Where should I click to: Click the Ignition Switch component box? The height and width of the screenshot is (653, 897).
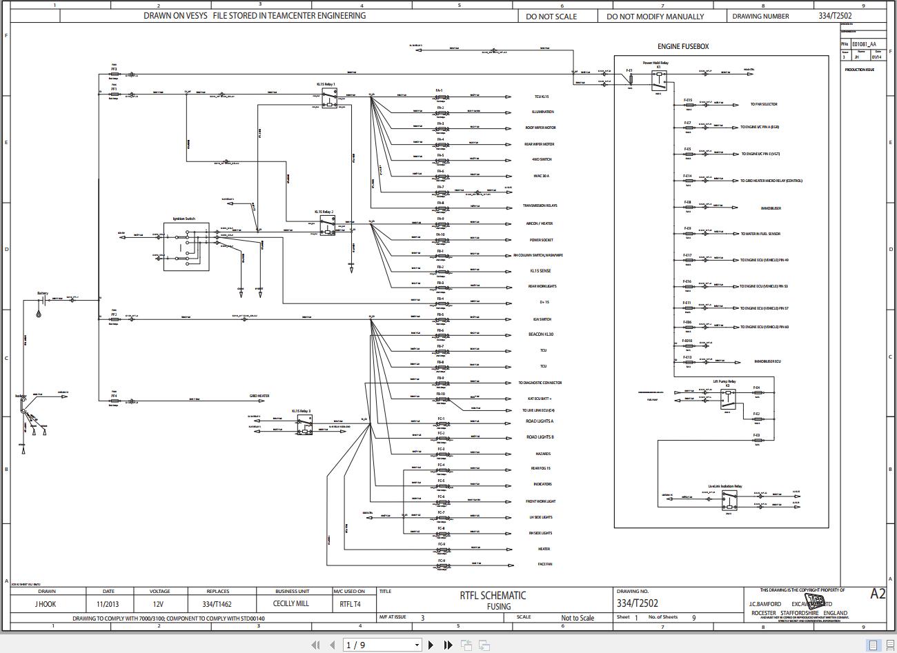click(x=186, y=246)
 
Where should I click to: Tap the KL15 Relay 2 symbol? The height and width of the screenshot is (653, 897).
click(x=326, y=225)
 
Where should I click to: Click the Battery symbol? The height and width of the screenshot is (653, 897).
click(x=42, y=301)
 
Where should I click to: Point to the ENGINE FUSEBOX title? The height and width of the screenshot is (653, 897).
click(x=682, y=47)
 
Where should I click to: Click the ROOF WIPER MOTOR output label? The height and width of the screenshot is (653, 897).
click(x=540, y=128)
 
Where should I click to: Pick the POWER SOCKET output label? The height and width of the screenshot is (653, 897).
click(x=541, y=240)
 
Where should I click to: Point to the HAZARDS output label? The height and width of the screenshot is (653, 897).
click(x=543, y=454)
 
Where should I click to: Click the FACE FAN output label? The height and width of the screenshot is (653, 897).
click(x=544, y=564)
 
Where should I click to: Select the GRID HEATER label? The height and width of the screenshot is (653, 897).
click(x=259, y=396)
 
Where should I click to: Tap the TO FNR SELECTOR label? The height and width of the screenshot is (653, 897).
click(x=763, y=104)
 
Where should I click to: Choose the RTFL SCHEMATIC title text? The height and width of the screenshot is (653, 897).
click(x=493, y=596)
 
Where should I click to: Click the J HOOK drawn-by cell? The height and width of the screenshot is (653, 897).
click(x=46, y=604)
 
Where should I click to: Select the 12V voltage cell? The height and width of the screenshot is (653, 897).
click(x=159, y=604)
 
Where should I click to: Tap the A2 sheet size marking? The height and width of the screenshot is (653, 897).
click(x=878, y=594)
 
